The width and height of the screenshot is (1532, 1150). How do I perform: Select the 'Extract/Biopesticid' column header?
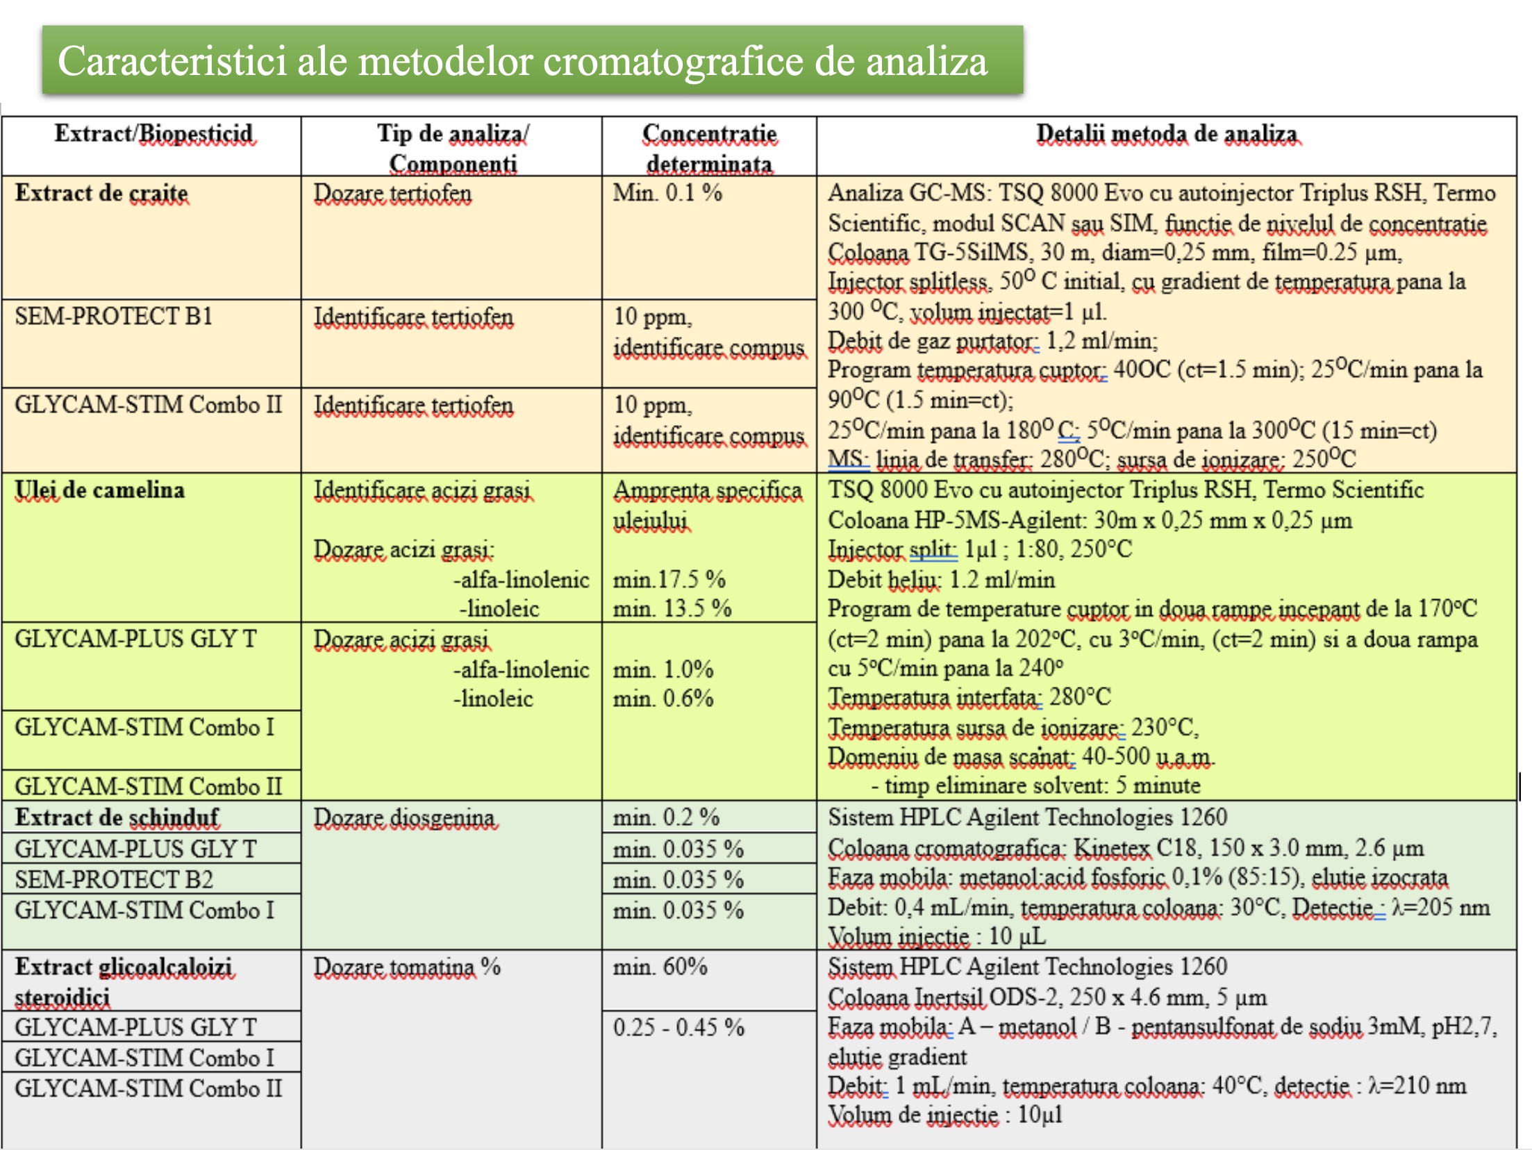pyautogui.click(x=154, y=133)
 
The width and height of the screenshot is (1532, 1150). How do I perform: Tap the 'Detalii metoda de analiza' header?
pyautogui.click(x=1167, y=133)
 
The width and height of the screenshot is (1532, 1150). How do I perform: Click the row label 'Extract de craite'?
pyautogui.click(x=101, y=193)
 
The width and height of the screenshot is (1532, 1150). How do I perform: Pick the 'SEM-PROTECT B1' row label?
pyautogui.click(x=113, y=317)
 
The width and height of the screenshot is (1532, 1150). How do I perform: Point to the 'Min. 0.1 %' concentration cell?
pyautogui.click(x=667, y=193)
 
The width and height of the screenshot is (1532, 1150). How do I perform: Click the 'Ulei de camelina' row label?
pyautogui.click(x=100, y=490)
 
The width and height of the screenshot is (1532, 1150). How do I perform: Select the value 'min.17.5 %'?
pyautogui.click(x=669, y=579)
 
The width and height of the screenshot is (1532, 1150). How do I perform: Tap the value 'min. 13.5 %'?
pyautogui.click(x=672, y=609)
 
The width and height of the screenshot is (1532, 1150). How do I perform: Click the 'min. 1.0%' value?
pyautogui.click(x=663, y=669)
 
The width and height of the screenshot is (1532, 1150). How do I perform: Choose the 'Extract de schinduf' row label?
pyautogui.click(x=117, y=817)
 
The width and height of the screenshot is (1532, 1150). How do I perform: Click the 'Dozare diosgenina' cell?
pyautogui.click(x=404, y=818)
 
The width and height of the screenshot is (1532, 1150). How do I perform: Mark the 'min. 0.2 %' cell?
pyautogui.click(x=665, y=817)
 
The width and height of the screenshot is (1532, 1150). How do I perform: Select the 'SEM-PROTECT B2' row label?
pyautogui.click(x=114, y=879)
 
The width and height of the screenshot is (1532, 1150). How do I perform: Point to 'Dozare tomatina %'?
pyautogui.click(x=407, y=967)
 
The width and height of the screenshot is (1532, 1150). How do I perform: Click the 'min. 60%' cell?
pyautogui.click(x=660, y=967)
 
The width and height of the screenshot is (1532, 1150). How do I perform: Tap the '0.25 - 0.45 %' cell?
pyautogui.click(x=678, y=1027)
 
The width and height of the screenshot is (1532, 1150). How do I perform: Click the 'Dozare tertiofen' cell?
pyautogui.click(x=392, y=193)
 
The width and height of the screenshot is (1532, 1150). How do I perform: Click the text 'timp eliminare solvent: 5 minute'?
pyautogui.click(x=1042, y=785)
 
